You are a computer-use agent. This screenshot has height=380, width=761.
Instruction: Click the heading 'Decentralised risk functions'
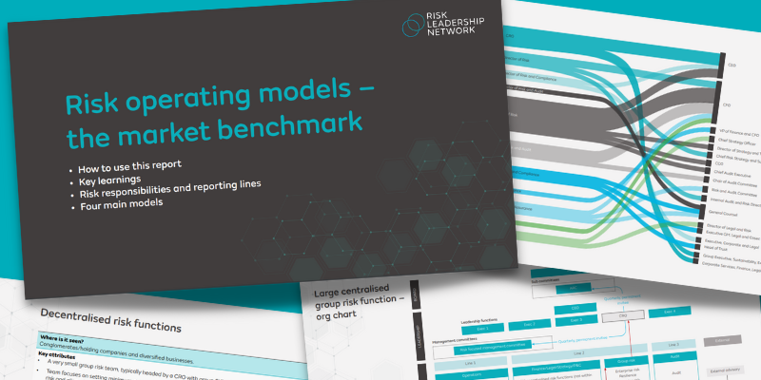110,326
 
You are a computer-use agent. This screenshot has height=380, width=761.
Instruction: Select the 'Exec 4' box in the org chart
668,312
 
